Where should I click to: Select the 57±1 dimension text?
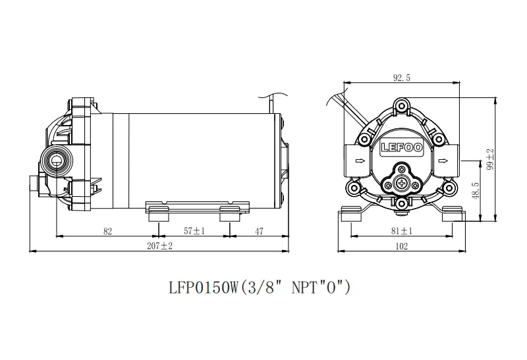[194, 231]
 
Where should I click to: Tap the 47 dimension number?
[259, 231]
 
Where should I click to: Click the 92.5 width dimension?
[402, 78]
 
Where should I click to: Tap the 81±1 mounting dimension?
[402, 231]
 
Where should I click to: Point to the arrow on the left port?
[360, 160]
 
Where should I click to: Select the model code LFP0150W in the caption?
[200, 288]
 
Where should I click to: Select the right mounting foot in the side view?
[229, 213]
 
